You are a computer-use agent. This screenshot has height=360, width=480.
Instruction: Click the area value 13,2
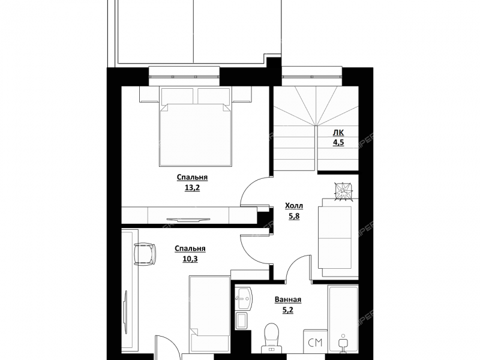click(192, 188)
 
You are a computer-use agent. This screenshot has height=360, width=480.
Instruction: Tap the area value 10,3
click(190, 259)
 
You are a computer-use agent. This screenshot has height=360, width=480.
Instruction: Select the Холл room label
click(294, 206)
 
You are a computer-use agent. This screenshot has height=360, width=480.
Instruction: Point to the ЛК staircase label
click(338, 133)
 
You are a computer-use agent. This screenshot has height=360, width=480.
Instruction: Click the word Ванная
click(288, 299)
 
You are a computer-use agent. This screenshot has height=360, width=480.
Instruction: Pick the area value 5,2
click(288, 310)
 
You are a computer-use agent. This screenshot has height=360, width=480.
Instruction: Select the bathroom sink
click(244, 298)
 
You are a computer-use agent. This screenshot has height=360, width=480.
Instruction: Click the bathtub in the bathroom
click(343, 319)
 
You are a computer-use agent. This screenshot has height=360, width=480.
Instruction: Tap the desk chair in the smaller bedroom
click(145, 253)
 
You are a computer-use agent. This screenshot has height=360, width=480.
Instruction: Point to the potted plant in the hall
click(343, 191)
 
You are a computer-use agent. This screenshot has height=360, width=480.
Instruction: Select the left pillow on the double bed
click(177, 96)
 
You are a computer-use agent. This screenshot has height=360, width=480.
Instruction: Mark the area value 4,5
click(338, 143)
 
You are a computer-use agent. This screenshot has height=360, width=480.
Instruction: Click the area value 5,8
click(294, 217)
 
